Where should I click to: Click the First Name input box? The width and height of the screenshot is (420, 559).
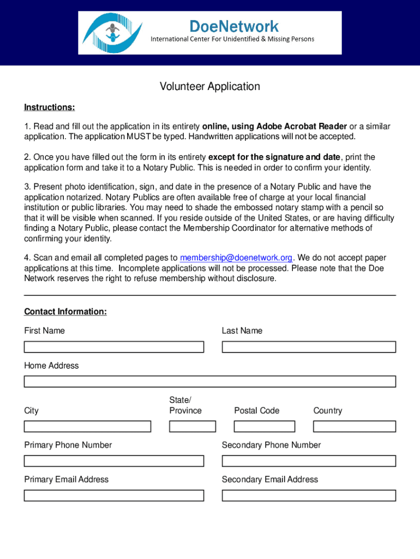pyautogui.click(x=113, y=347)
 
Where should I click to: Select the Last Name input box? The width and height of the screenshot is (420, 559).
pyautogui.click(x=309, y=347)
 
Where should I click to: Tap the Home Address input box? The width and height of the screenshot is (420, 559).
pyautogui.click(x=210, y=382)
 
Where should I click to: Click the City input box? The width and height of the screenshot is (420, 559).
pyautogui.click(x=87, y=426)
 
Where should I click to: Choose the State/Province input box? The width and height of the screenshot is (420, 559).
pyautogui.click(x=193, y=426)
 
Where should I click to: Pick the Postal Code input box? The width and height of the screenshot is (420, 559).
pyautogui.click(x=265, y=426)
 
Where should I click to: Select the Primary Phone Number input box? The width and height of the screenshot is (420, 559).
pyautogui.click(x=113, y=461)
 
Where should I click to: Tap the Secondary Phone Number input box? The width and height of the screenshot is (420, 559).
pyautogui.click(x=309, y=461)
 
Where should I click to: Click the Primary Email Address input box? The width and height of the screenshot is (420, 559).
pyautogui.click(x=113, y=496)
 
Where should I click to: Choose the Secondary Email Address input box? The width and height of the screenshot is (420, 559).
pyautogui.click(x=309, y=496)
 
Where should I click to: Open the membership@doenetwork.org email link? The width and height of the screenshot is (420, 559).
pyautogui.click(x=236, y=258)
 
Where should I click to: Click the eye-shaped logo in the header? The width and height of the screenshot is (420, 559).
pyautogui.click(x=112, y=33)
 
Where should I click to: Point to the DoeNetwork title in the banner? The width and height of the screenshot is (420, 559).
pyautogui.click(x=233, y=26)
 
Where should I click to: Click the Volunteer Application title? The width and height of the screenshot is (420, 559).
pyautogui.click(x=210, y=86)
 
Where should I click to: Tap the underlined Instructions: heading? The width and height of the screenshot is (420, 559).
pyautogui.click(x=49, y=107)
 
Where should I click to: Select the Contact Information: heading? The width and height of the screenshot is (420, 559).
pyautogui.click(x=65, y=312)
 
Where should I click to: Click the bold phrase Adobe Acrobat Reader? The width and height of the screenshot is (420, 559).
pyautogui.click(x=302, y=127)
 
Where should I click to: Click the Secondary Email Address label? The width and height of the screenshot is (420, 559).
pyautogui.click(x=269, y=479)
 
